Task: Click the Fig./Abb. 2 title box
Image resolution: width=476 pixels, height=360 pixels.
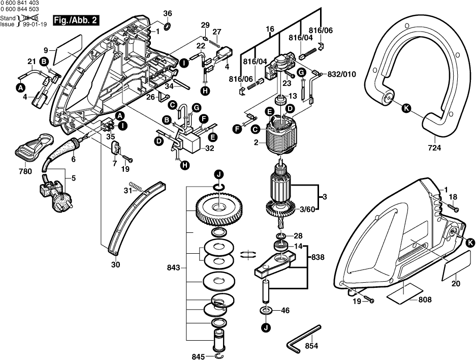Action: pyautogui.click(x=76, y=21)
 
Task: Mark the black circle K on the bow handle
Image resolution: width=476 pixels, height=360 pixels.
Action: pyautogui.click(x=405, y=107)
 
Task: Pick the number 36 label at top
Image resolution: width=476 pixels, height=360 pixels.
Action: pyautogui.click(x=168, y=13)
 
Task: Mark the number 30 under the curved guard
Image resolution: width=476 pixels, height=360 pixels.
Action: pyautogui.click(x=115, y=264)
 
